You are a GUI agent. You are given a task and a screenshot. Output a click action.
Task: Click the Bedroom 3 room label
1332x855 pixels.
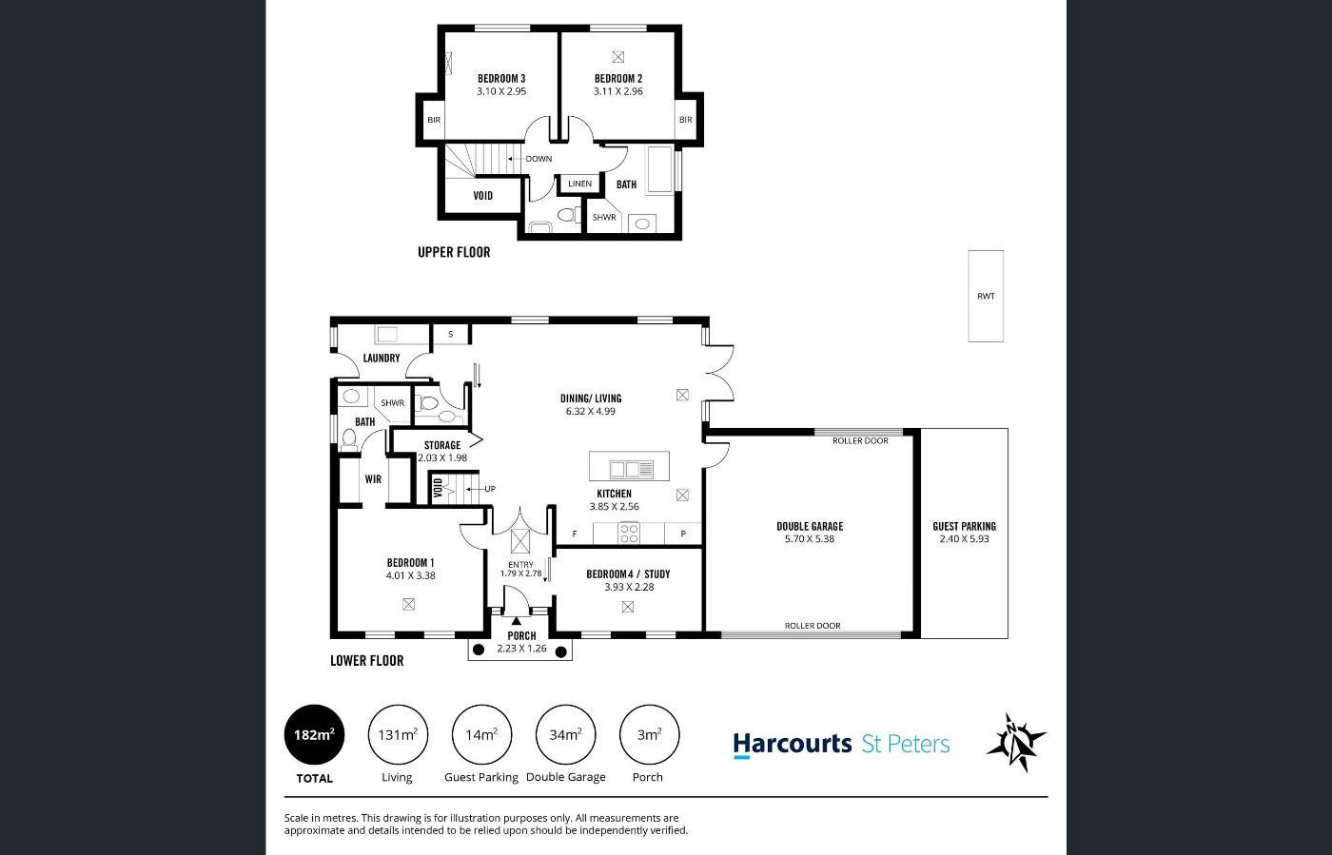[x=501, y=79]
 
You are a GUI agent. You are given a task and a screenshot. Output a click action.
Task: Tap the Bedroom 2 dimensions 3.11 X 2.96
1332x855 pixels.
[x=617, y=91]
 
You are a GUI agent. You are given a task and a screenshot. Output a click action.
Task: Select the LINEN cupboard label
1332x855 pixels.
[x=579, y=184]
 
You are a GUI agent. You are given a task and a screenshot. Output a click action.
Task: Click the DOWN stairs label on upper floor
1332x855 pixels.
[x=539, y=159]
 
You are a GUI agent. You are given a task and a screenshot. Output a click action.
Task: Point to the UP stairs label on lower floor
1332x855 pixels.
[x=490, y=489]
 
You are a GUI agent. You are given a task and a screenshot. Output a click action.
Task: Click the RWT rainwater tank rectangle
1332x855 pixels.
[x=986, y=296]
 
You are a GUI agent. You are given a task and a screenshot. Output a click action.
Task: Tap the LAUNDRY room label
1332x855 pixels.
[x=382, y=358]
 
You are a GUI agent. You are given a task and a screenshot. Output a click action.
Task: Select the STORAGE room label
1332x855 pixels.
[x=442, y=445]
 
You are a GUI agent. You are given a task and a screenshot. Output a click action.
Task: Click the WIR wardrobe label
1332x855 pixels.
[x=373, y=479]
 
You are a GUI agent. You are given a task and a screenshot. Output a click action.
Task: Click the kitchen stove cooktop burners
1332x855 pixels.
[x=629, y=533]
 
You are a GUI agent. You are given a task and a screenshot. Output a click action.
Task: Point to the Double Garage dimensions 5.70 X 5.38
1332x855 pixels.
[x=810, y=539]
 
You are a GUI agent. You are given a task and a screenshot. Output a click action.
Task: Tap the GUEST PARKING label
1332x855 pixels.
[x=964, y=526]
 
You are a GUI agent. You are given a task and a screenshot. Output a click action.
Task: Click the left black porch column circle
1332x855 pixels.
[x=478, y=650]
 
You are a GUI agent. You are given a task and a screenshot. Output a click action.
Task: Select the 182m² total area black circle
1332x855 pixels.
[x=314, y=735]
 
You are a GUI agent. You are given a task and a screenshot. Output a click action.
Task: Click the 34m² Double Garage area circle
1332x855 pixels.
[x=565, y=735]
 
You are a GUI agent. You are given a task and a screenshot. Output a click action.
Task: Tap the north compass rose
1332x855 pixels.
[x=1016, y=743]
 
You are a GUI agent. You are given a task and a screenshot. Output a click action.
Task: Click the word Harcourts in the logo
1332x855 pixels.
[x=793, y=744]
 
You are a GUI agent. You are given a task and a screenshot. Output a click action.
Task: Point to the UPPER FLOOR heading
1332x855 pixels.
[x=454, y=252]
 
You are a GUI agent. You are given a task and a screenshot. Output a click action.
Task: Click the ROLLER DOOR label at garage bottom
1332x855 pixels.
[x=813, y=626]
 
